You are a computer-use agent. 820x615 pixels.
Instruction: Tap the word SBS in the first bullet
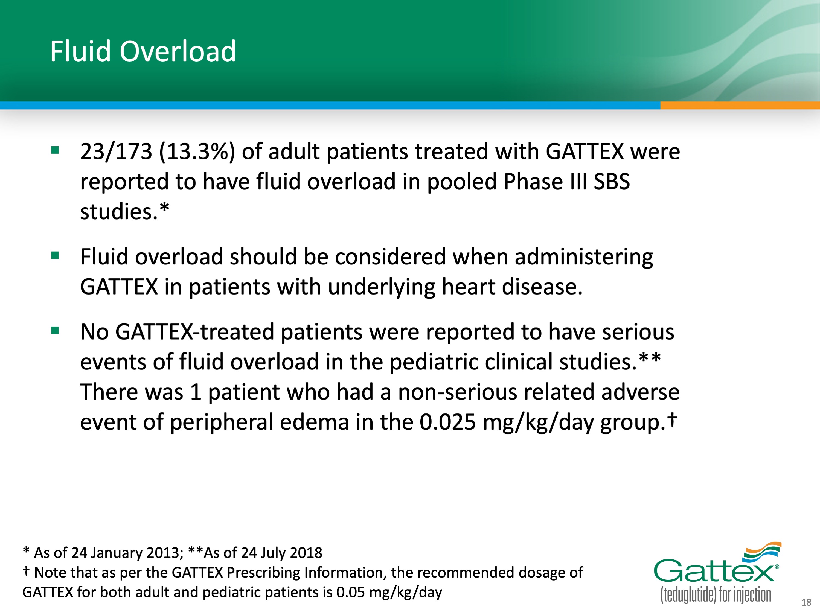click(x=612, y=182)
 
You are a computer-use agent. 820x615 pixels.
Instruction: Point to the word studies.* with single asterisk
click(x=124, y=211)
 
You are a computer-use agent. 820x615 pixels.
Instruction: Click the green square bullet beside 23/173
click(x=55, y=150)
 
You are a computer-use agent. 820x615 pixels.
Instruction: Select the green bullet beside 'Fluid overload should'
click(x=55, y=255)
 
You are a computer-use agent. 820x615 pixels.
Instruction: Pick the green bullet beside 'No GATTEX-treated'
click(x=55, y=330)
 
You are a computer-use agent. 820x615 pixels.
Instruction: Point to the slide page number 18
click(x=806, y=602)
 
